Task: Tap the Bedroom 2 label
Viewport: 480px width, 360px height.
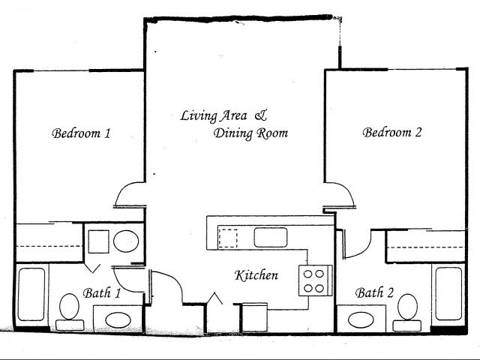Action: click(x=392, y=133)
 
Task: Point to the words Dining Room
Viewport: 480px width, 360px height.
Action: click(x=250, y=133)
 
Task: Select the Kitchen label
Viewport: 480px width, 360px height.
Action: click(x=256, y=275)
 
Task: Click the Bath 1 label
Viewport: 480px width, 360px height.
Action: click(x=100, y=293)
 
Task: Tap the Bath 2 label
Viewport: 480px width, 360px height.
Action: click(x=374, y=292)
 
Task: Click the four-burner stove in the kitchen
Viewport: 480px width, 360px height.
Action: click(x=313, y=280)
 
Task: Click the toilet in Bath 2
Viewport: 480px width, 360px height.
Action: click(x=408, y=309)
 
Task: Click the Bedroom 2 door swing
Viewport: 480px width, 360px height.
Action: click(x=341, y=193)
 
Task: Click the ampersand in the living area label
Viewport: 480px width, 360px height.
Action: click(x=260, y=115)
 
